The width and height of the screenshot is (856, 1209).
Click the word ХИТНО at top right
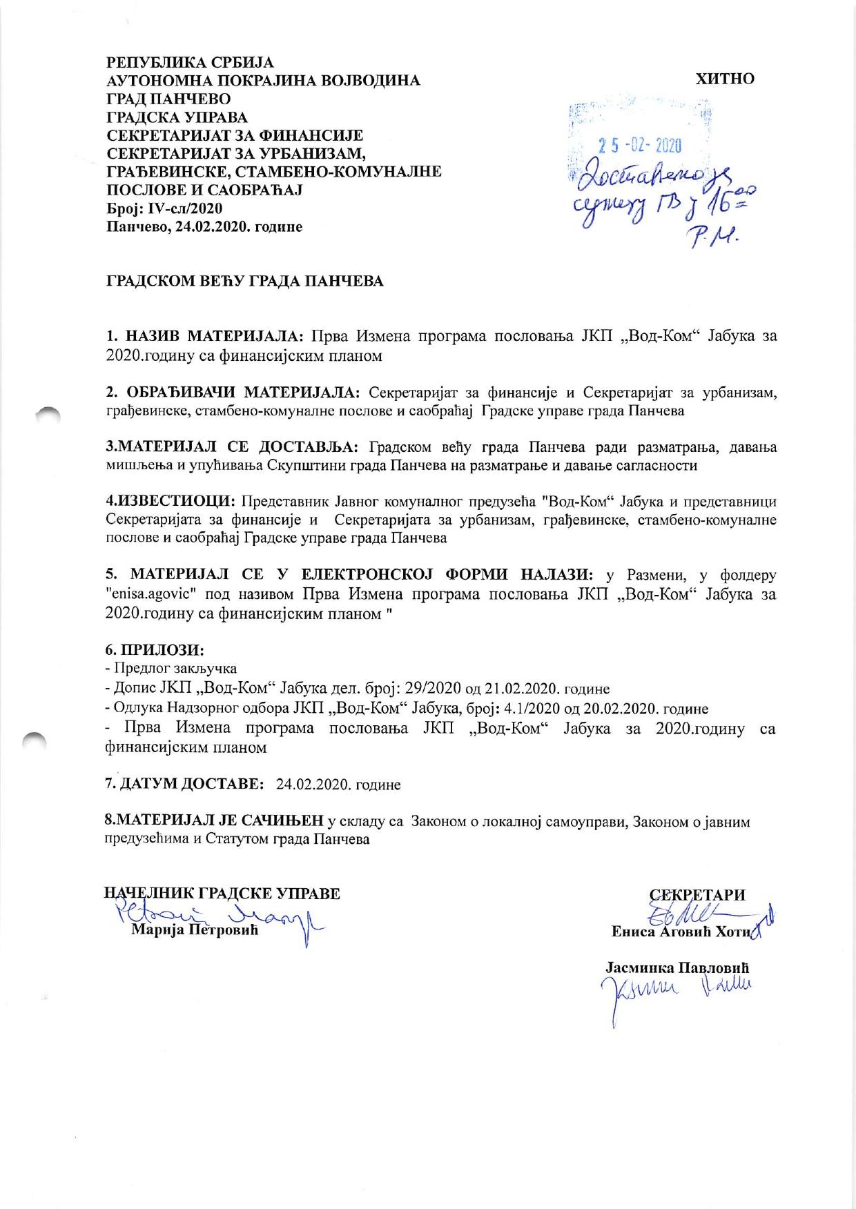pyautogui.click(x=725, y=79)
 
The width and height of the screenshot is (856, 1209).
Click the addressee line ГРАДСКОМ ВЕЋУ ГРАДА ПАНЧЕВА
pyautogui.click(x=244, y=282)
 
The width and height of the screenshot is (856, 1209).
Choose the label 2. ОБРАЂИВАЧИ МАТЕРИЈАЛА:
pyautogui.click(x=233, y=393)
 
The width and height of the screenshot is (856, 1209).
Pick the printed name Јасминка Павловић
pyautogui.click(x=677, y=968)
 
